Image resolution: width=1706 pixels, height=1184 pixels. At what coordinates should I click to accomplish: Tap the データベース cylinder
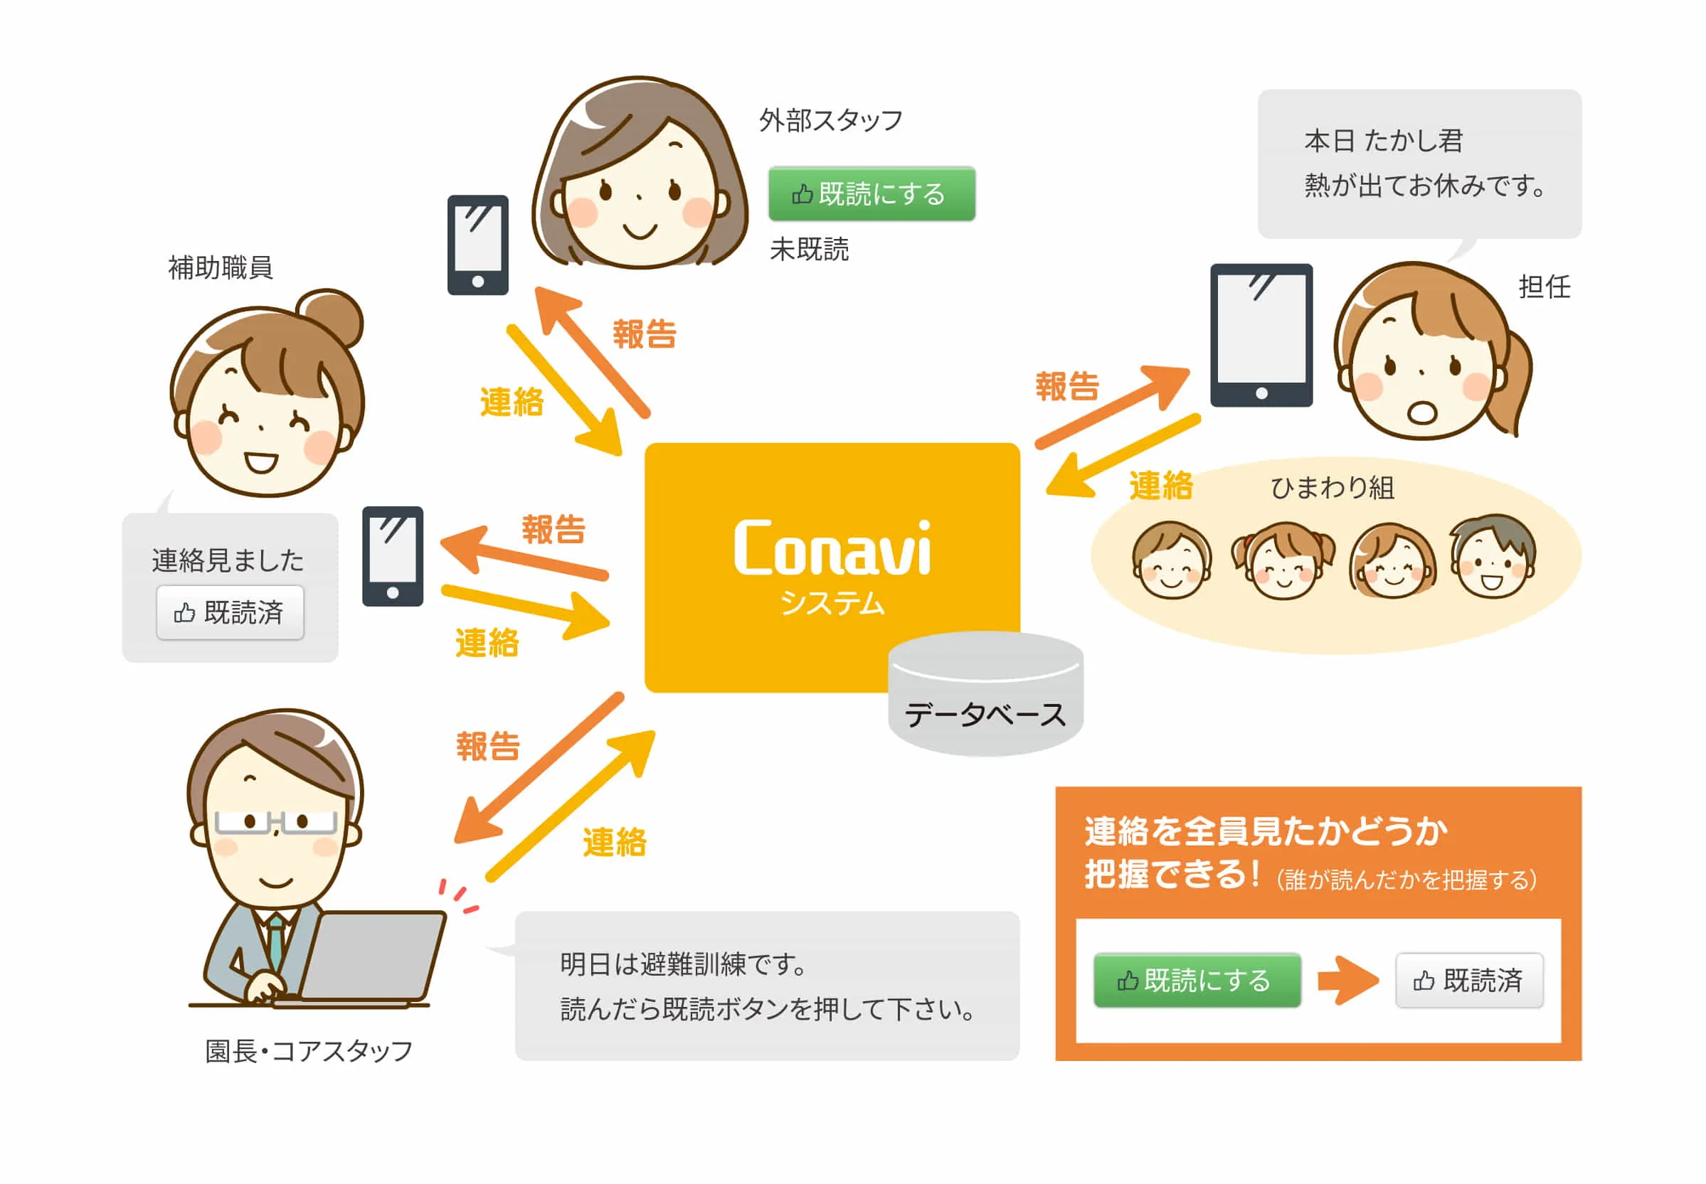985,693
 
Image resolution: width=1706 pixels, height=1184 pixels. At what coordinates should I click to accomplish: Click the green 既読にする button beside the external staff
871,193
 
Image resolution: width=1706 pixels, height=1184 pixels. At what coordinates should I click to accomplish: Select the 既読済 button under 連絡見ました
230,612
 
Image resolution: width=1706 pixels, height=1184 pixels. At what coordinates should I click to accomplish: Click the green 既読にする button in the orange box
1197,980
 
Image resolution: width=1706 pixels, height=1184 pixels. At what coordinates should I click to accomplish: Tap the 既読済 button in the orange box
1468,980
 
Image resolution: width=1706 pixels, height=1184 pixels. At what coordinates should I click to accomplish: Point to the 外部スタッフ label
830,119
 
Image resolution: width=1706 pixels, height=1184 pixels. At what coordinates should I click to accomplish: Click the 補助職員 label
221,267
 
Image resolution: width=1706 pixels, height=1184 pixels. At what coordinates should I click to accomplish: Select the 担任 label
1545,287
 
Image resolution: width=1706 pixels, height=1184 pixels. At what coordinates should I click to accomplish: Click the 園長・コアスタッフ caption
309,1050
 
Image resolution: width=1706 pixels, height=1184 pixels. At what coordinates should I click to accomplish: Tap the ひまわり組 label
1332,487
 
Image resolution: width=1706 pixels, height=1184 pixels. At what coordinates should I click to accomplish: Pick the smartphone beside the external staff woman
478,245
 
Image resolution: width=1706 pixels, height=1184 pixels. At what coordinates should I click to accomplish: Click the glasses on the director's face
275,822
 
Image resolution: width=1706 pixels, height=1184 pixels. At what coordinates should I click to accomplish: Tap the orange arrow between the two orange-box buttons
1347,980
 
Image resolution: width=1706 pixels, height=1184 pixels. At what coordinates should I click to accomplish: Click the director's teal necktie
275,941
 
